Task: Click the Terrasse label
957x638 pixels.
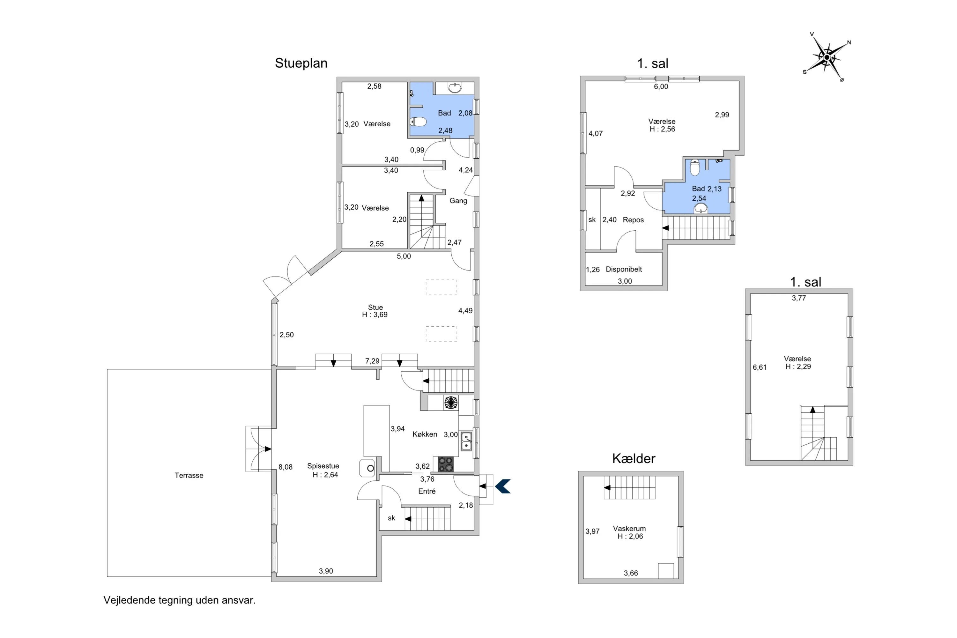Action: (189, 475)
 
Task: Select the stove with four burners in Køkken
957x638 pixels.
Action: (446, 464)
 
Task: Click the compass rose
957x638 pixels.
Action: (827, 57)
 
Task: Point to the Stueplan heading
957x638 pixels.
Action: (301, 63)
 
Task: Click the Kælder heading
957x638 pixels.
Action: (634, 459)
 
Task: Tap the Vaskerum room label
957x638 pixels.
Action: (629, 529)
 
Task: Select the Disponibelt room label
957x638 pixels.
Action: (624, 269)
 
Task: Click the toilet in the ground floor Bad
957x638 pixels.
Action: (418, 122)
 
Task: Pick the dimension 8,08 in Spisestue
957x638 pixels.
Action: (285, 467)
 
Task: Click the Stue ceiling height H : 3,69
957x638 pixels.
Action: (375, 315)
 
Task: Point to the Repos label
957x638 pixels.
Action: (633, 220)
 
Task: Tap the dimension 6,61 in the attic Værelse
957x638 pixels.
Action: (759, 367)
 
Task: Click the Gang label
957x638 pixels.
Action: (458, 201)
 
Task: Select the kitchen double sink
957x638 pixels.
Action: (466, 441)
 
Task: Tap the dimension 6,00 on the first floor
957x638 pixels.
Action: (661, 87)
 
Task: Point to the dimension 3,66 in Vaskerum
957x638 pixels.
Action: (631, 573)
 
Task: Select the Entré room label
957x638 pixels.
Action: (427, 492)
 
